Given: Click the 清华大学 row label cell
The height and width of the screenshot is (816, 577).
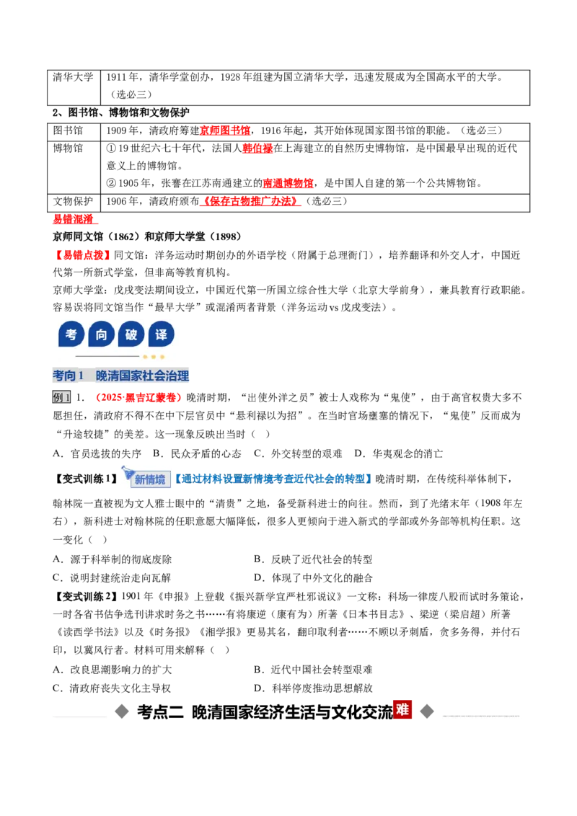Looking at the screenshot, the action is pyautogui.click(x=73, y=77).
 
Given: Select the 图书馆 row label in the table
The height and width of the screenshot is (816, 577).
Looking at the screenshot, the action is pyautogui.click(x=68, y=130).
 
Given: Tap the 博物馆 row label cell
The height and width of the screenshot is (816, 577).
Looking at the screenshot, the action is pyautogui.click(x=68, y=148).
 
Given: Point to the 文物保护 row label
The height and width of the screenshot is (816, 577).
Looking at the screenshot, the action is pyautogui.click(x=73, y=201).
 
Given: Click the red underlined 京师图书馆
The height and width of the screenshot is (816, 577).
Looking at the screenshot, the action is pyautogui.click(x=224, y=130).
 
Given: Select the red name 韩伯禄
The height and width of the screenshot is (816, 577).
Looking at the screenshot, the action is pyautogui.click(x=257, y=148).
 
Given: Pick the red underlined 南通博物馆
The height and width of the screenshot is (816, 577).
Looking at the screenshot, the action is pyautogui.click(x=288, y=183).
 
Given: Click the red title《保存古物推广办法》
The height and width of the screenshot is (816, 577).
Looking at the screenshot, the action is pyautogui.click(x=250, y=201).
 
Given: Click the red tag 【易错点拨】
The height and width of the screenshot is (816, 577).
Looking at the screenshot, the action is pyautogui.click(x=82, y=255).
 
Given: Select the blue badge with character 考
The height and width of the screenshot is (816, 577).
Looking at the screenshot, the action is pyautogui.click(x=71, y=334).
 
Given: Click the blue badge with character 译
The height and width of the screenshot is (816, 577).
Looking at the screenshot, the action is pyautogui.click(x=162, y=334).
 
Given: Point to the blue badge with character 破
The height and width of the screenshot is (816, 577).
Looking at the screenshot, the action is pyautogui.click(x=131, y=334).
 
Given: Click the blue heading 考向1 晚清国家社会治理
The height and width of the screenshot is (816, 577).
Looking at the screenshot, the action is pyautogui.click(x=121, y=376).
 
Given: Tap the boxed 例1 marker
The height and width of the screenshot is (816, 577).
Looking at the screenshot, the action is pyautogui.click(x=61, y=398).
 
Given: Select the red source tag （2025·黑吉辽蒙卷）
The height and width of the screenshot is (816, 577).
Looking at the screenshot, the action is pyautogui.click(x=137, y=398).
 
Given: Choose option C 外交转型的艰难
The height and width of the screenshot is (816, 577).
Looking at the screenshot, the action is pyautogui.click(x=298, y=454).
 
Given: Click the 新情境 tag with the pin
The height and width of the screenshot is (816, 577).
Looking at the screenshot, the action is pyautogui.click(x=146, y=478).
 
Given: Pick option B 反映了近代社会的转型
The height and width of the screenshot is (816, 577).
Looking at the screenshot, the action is pyautogui.click(x=313, y=559).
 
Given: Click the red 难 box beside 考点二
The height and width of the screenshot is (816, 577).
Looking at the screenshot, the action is pyautogui.click(x=402, y=709).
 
